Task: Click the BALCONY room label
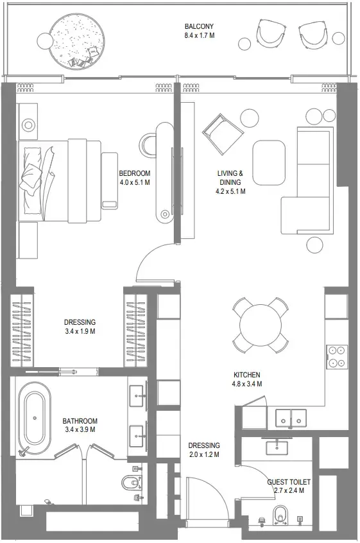tap(199, 26)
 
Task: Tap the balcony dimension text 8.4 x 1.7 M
tap(199, 36)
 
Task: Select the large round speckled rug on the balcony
tap(76, 40)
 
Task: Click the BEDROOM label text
tap(134, 173)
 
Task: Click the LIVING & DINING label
tap(230, 178)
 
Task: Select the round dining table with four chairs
tap(259, 325)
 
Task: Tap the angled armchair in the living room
tap(222, 134)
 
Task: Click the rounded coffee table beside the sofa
tap(268, 162)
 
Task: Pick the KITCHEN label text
tap(246, 375)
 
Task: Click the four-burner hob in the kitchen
tap(337, 356)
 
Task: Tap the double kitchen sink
tap(291, 417)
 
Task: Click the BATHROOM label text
tap(80, 421)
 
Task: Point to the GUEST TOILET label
tap(289, 481)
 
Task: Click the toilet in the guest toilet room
tap(280, 515)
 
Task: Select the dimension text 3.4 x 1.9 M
tap(80, 331)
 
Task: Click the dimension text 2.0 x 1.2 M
tap(203, 454)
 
